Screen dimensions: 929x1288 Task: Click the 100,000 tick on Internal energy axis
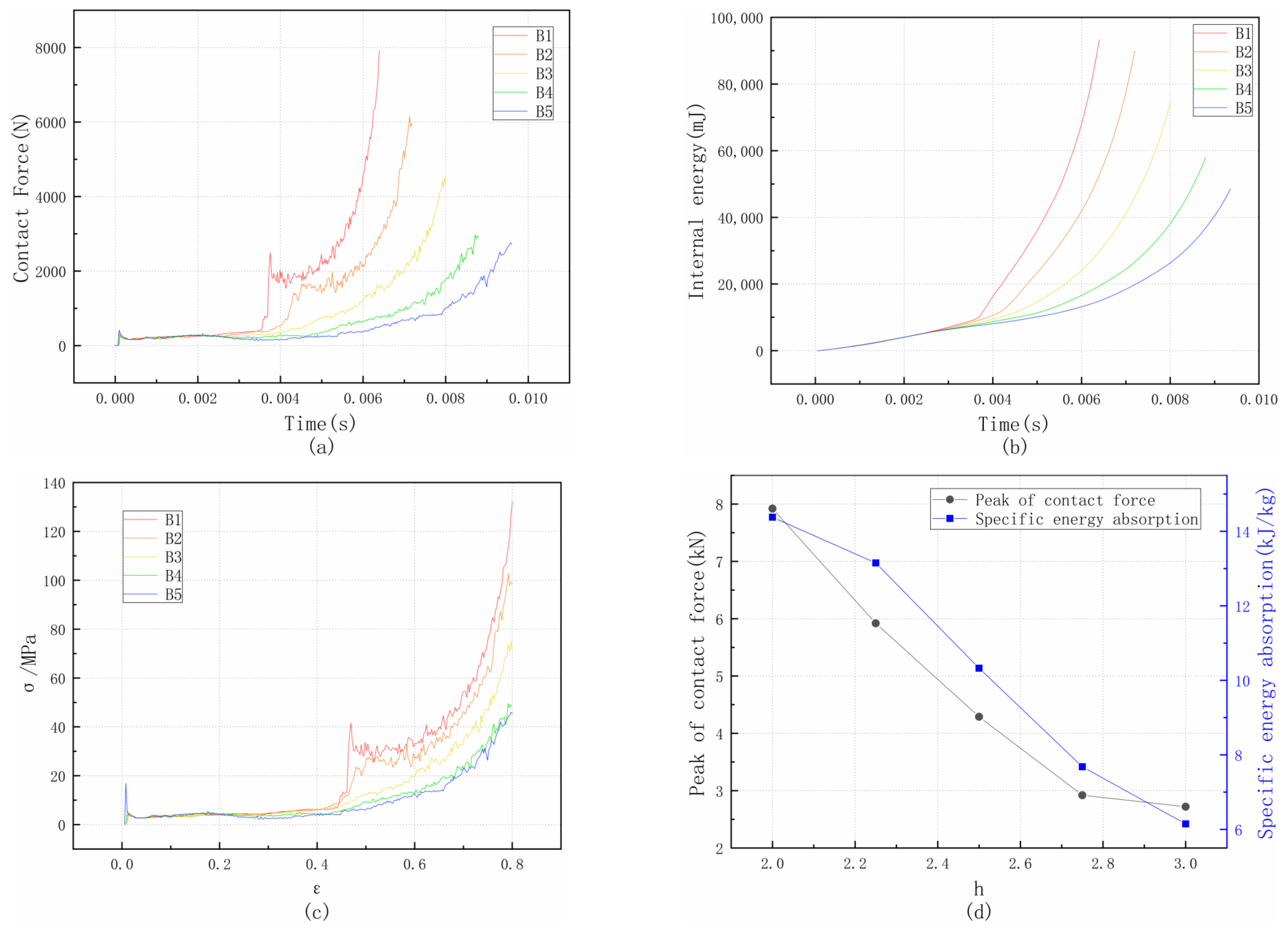pos(736,18)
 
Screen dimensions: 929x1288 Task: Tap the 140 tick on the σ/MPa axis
pos(54,484)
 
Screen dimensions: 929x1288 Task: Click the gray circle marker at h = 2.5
pos(979,717)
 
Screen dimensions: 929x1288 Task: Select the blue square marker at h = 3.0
pos(1185,823)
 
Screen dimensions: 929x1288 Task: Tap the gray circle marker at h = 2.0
pos(772,509)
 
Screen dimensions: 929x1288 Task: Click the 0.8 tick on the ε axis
pos(512,865)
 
